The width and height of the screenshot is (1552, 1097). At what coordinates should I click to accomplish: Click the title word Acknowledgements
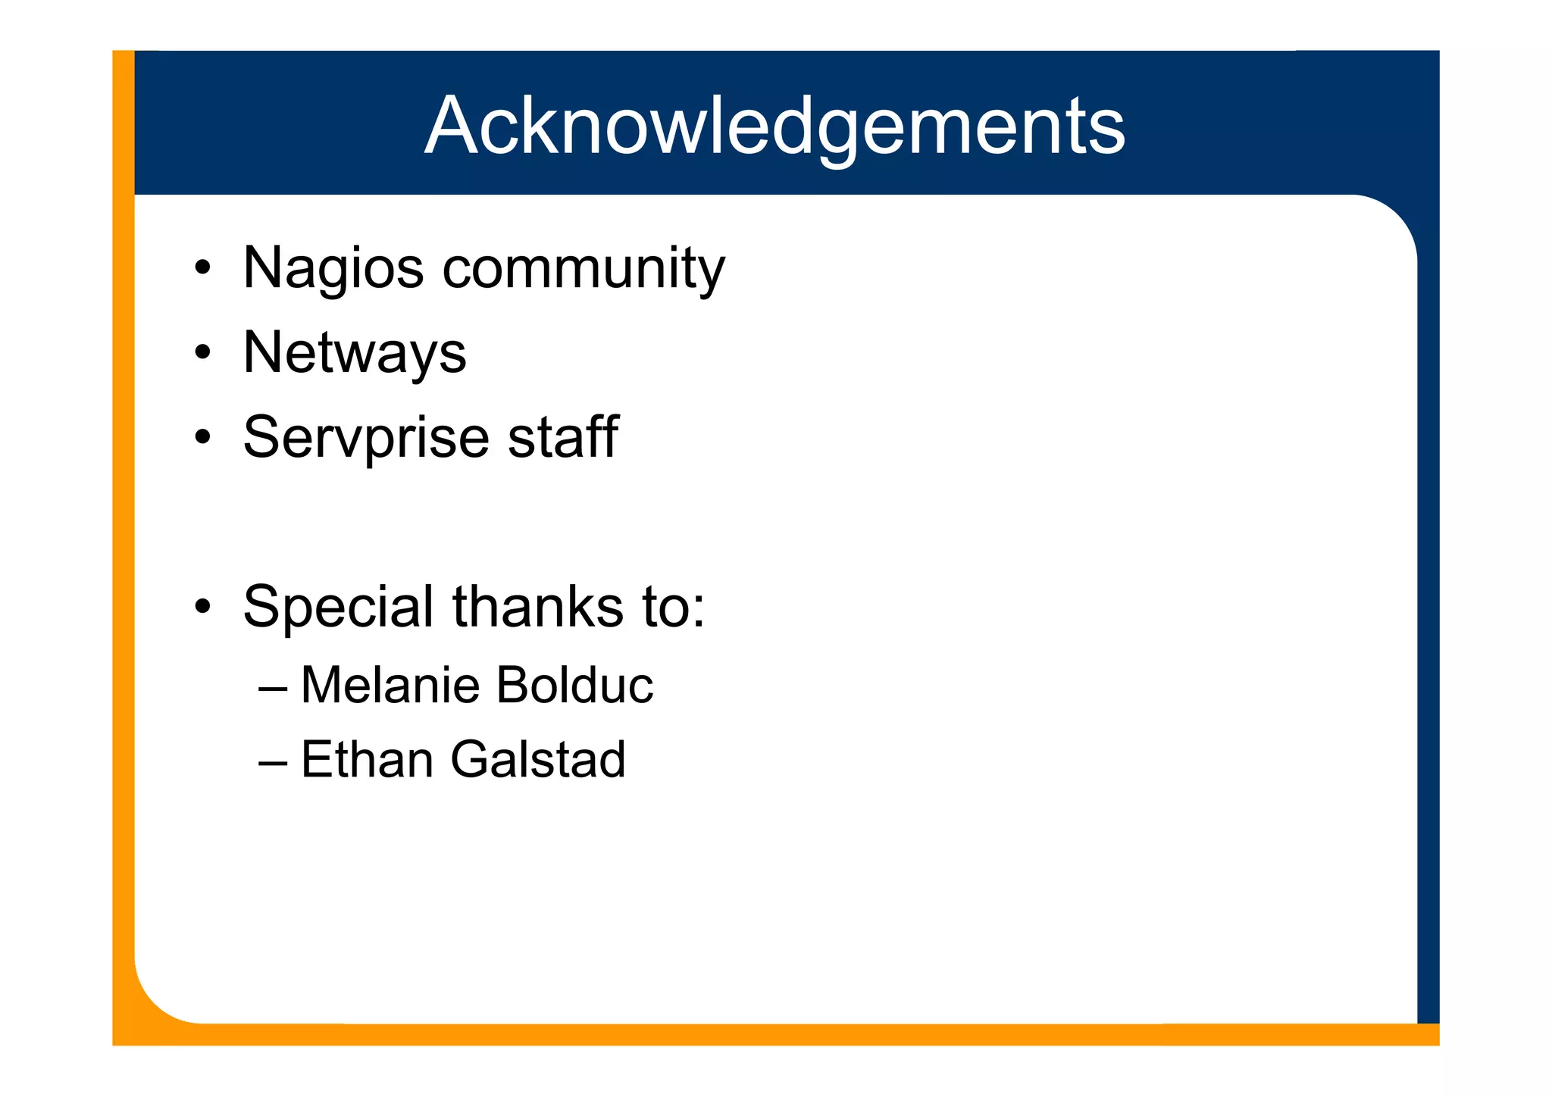click(x=774, y=126)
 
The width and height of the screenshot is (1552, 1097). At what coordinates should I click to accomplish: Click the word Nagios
click(x=333, y=268)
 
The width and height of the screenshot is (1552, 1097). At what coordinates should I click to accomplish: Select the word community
click(x=584, y=268)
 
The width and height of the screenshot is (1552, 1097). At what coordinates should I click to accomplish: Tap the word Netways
click(x=355, y=353)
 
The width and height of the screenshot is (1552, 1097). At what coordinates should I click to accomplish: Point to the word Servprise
click(x=366, y=438)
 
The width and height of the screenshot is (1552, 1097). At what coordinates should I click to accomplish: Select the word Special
click(x=339, y=607)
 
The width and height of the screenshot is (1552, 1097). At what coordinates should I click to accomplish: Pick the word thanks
click(x=539, y=607)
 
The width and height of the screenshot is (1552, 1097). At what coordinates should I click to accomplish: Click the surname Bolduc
click(x=574, y=685)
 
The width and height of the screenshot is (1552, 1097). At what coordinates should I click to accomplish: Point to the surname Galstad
click(x=538, y=759)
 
